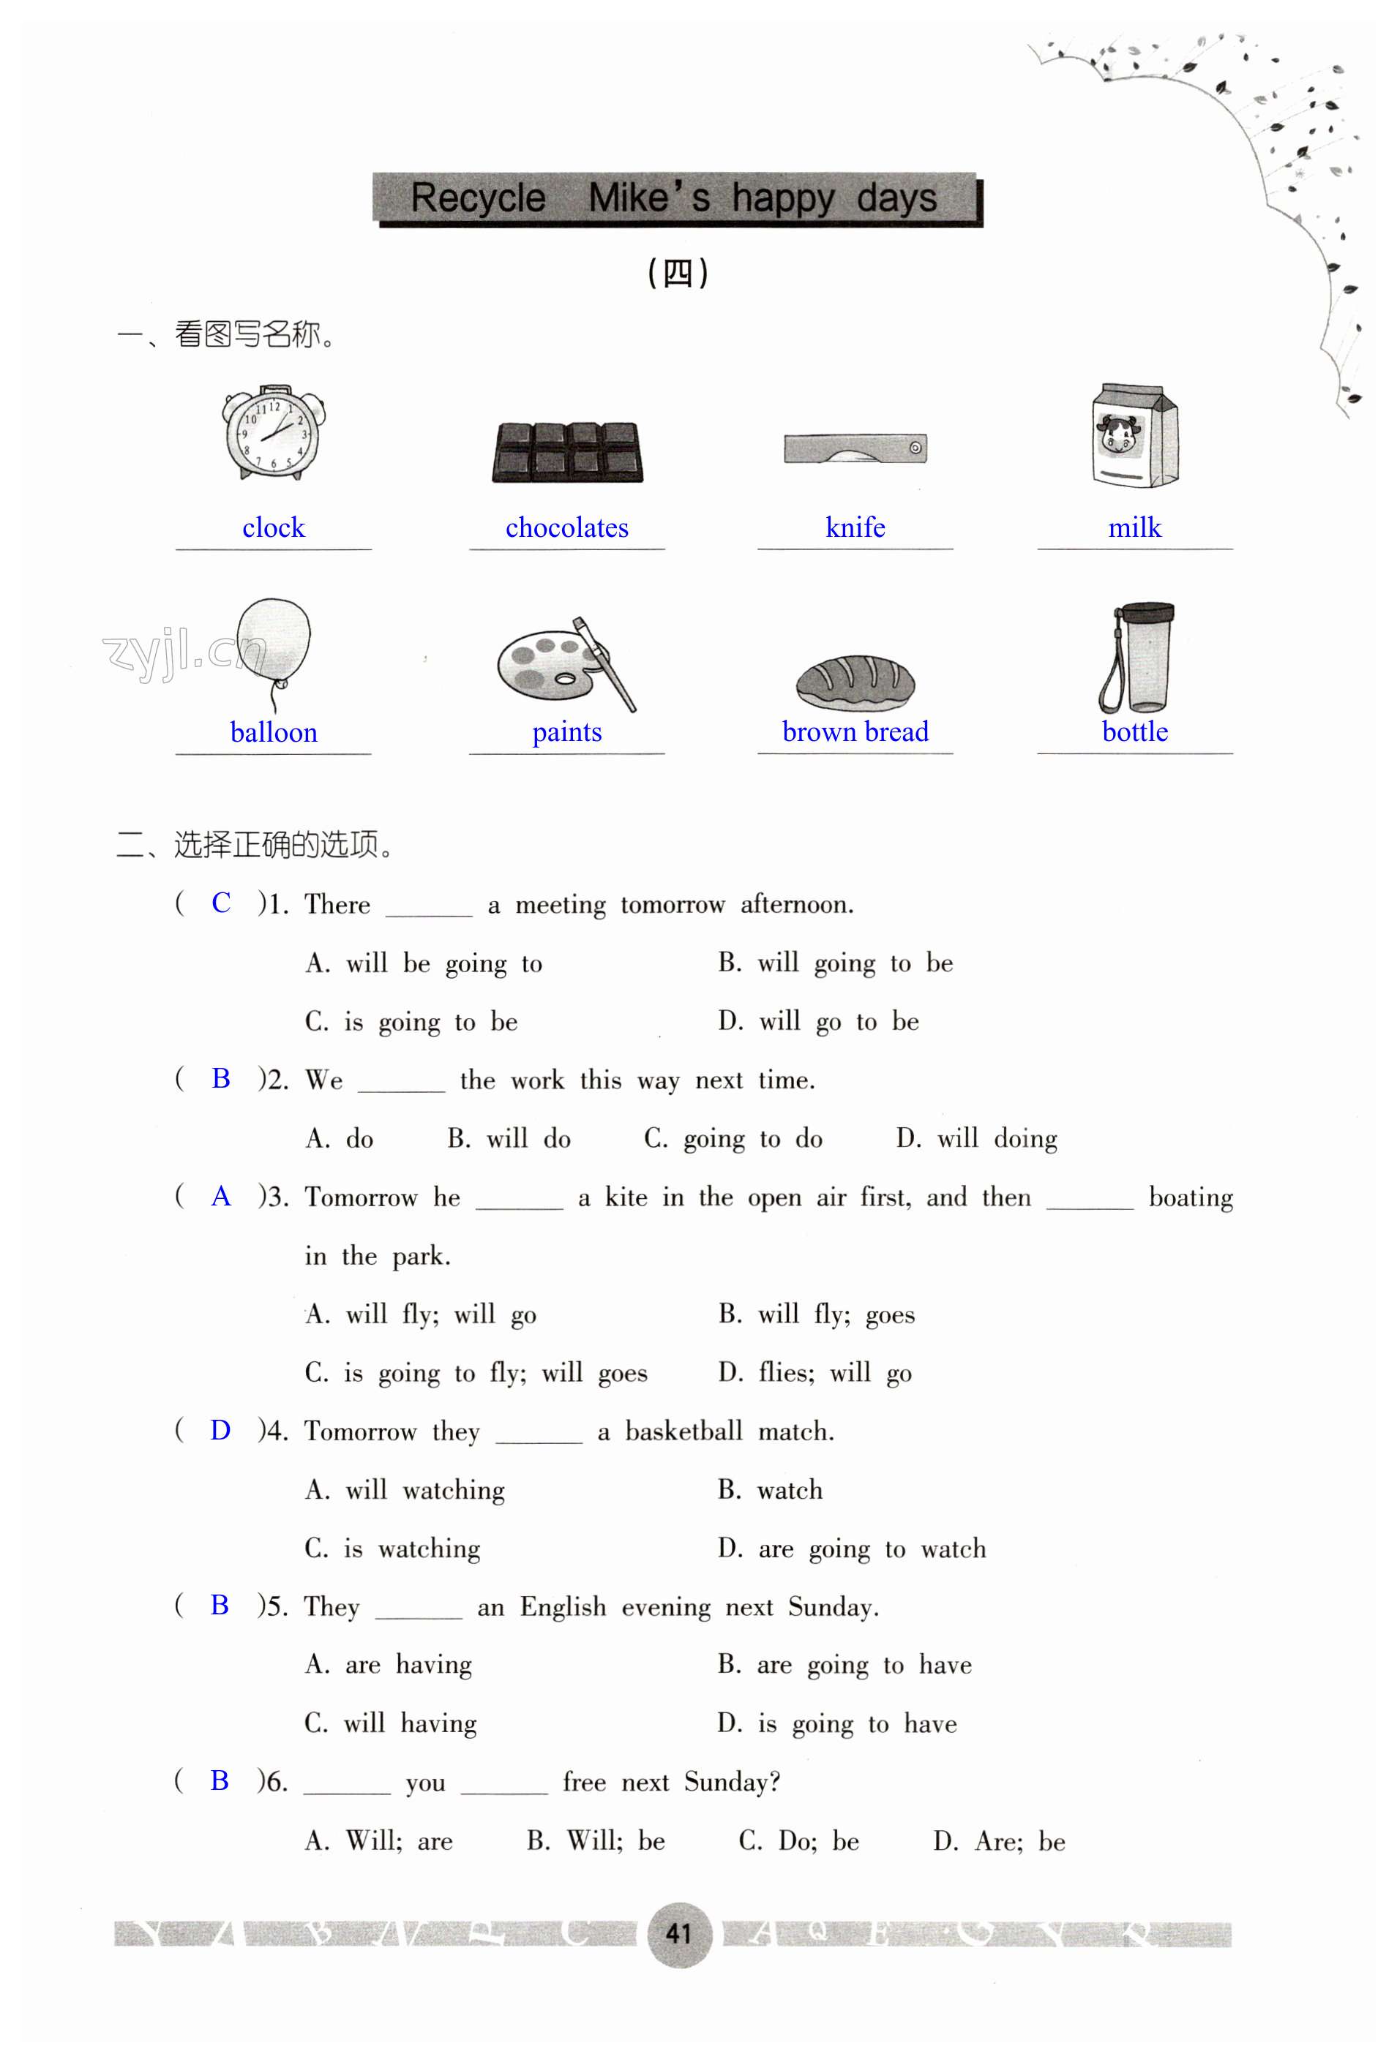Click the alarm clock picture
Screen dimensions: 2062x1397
(x=274, y=434)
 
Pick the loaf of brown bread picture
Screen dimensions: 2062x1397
(x=855, y=682)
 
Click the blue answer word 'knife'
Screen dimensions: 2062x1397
(x=855, y=528)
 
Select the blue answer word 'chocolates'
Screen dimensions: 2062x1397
(x=566, y=528)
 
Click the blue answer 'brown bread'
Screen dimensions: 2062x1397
(x=855, y=732)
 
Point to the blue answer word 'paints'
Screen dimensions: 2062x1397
(x=566, y=732)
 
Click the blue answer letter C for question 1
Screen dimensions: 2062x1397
(x=221, y=903)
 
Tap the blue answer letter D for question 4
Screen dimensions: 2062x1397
(x=220, y=1430)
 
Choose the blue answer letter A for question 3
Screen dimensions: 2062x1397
(x=221, y=1197)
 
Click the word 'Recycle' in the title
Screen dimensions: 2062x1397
(x=478, y=197)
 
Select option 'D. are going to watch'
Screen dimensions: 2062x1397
(x=851, y=1549)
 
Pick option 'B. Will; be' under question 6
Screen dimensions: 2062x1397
(x=595, y=1841)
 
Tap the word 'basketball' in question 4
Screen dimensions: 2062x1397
(x=683, y=1431)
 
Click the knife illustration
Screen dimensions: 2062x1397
(x=855, y=448)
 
